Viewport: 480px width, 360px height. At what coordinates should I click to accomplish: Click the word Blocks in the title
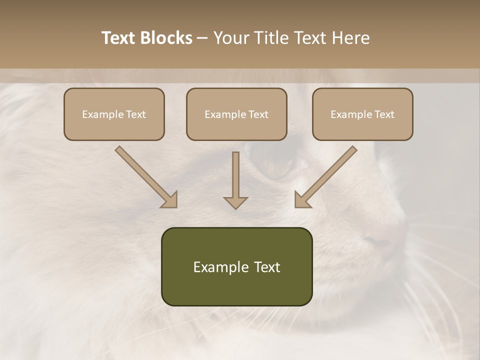coord(167,38)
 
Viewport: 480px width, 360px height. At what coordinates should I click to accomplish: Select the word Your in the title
coord(231,38)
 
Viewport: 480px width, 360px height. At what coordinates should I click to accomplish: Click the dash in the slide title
coord(202,38)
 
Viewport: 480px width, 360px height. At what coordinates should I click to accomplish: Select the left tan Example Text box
coord(114,114)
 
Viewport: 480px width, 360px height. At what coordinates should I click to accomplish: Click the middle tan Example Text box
coord(236,114)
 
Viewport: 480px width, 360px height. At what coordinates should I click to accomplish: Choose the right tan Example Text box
coord(362,114)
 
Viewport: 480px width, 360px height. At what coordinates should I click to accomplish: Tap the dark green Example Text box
coord(236,266)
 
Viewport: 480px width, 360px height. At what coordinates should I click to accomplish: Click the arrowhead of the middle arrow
coord(235,202)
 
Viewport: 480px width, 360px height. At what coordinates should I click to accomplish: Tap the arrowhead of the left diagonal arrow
coord(170,200)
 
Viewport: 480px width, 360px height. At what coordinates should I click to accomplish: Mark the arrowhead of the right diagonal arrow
coord(301,200)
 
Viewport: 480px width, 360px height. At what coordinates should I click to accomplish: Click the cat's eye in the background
coord(280,165)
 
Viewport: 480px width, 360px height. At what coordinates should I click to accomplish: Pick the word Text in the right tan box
coord(384,114)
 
